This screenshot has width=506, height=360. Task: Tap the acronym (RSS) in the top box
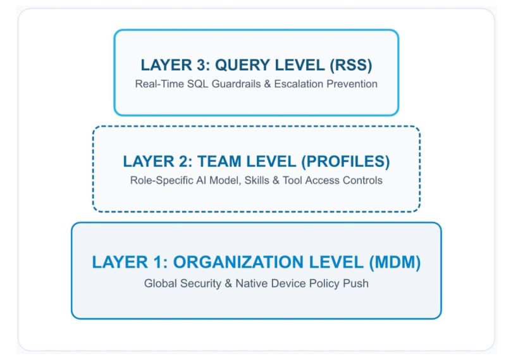coord(351,65)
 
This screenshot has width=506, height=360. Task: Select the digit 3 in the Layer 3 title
coord(202,65)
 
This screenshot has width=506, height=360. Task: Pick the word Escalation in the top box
coord(299,84)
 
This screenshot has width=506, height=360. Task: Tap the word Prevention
coord(352,84)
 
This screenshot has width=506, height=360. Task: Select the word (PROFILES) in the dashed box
coord(345,161)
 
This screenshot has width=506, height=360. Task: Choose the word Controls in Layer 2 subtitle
coord(362,180)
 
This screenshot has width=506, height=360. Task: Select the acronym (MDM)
coord(395,262)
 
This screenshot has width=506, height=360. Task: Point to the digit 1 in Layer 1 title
coord(159,262)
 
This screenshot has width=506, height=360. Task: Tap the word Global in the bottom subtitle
coord(161,283)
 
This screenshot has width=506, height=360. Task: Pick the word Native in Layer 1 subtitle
coord(252,283)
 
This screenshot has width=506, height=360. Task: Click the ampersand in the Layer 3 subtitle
coord(267,84)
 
